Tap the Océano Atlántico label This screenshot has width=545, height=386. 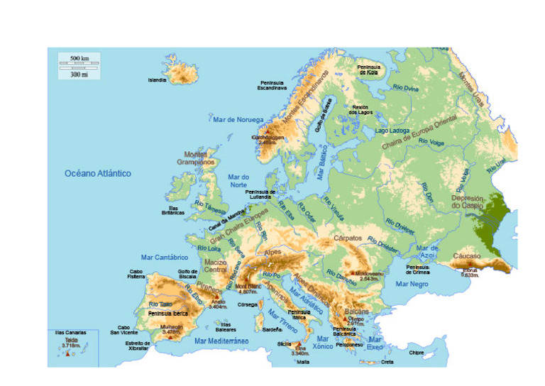click(x=98, y=173)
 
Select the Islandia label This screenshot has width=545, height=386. click(x=157, y=80)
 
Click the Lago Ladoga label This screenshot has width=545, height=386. click(x=392, y=131)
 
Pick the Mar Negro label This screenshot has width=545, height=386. click(x=412, y=284)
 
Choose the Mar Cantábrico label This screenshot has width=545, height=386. click(x=164, y=258)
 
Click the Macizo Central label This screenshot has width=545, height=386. click(x=215, y=265)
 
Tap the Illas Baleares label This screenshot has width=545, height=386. click(x=226, y=327)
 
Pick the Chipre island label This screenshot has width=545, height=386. click(x=417, y=352)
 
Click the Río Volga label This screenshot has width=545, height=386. click(x=431, y=143)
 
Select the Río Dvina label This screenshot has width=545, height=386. click(x=406, y=89)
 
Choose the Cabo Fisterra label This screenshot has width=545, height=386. click(x=137, y=274)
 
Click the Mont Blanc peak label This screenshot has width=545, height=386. click(x=247, y=288)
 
